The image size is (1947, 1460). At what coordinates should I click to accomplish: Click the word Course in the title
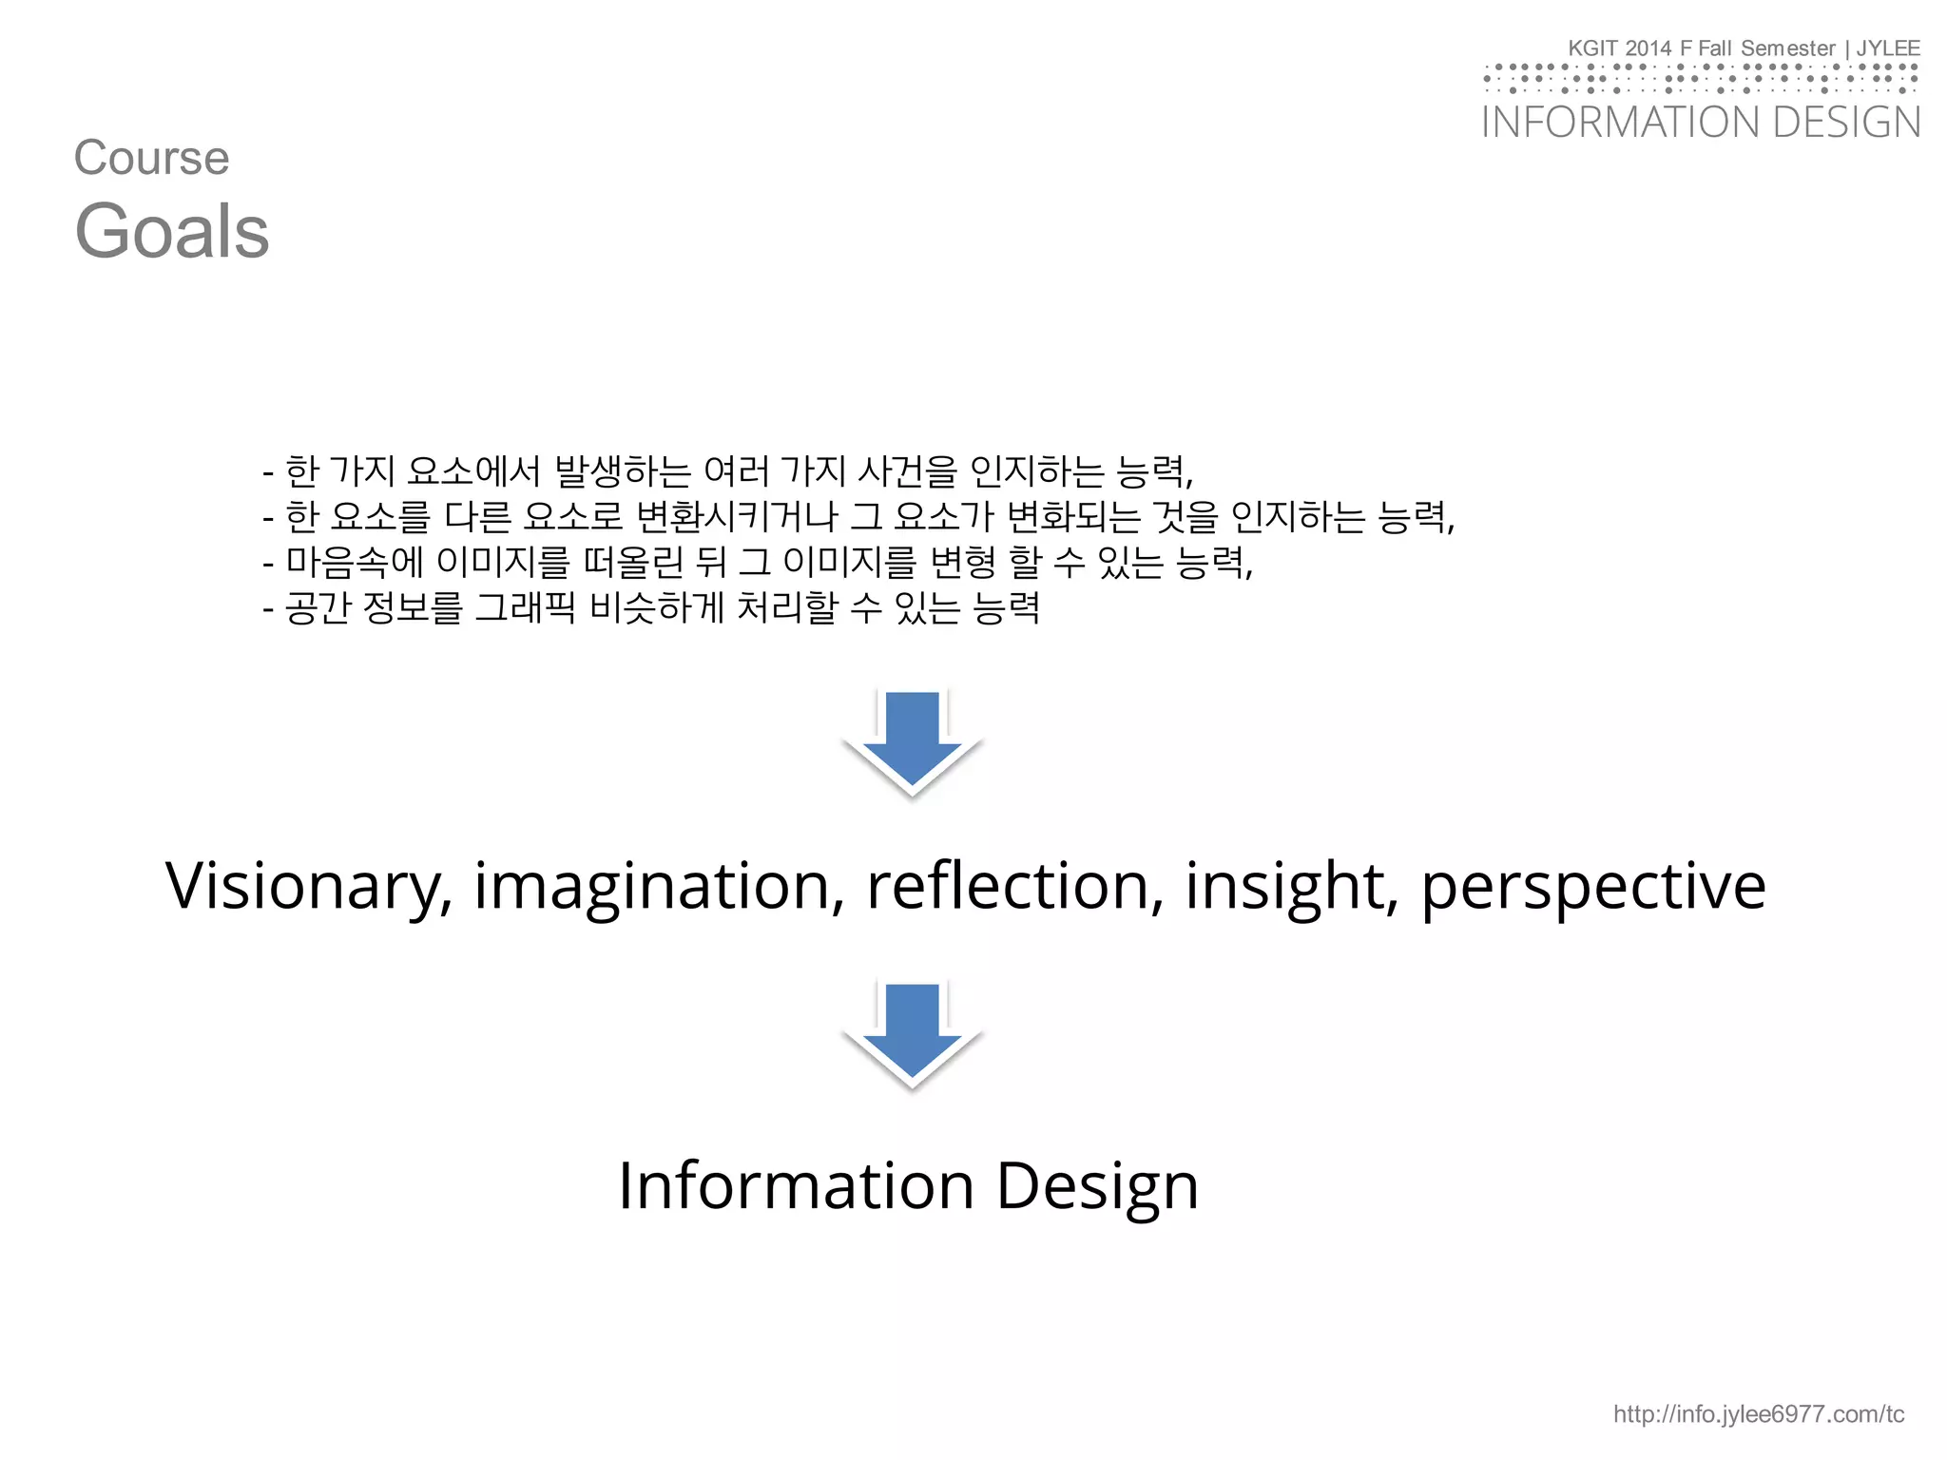[x=152, y=158]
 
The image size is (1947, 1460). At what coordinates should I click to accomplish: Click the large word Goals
[x=172, y=232]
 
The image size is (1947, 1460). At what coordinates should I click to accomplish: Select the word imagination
[x=658, y=886]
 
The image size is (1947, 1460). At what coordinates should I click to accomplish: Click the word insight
[x=1291, y=886]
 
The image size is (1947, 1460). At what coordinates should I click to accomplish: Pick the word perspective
[x=1593, y=886]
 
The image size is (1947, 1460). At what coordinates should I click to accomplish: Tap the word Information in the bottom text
[x=796, y=1185]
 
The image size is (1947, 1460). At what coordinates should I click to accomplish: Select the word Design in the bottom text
[x=1097, y=1185]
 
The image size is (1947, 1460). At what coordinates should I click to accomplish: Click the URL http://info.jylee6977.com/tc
[x=1758, y=1414]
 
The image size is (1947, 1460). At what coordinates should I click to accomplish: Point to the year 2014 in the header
[x=1648, y=48]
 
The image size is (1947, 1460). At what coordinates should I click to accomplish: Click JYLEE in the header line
[x=1888, y=48]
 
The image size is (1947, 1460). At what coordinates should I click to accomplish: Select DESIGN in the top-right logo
[x=1847, y=123]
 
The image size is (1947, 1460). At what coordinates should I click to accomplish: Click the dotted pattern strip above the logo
[x=1701, y=78]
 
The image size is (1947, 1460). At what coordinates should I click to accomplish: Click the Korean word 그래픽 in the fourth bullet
[x=525, y=606]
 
